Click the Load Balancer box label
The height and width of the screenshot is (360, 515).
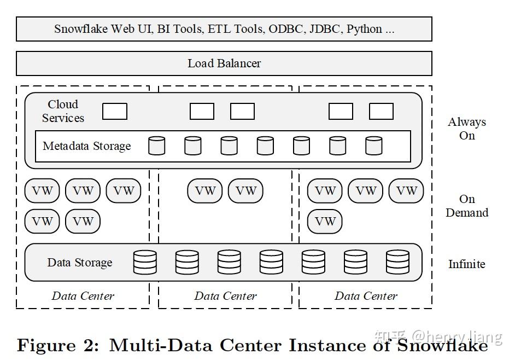pyautogui.click(x=224, y=63)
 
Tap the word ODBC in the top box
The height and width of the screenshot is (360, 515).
pyautogui.click(x=285, y=29)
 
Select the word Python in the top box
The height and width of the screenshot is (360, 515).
pyautogui.click(x=365, y=29)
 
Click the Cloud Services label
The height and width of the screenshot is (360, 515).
pyautogui.click(x=63, y=111)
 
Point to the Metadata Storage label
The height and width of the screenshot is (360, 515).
pyautogui.click(x=87, y=146)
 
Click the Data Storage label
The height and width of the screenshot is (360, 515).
pyautogui.click(x=80, y=263)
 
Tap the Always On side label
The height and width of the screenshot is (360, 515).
pyautogui.click(x=467, y=129)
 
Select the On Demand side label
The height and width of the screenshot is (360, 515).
pyautogui.click(x=467, y=206)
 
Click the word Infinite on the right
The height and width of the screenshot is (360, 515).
pyautogui.click(x=466, y=264)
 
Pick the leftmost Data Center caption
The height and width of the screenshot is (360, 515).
pyautogui.click(x=83, y=296)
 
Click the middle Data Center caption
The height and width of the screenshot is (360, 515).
pyautogui.click(x=225, y=296)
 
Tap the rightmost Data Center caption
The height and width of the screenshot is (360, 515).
pyautogui.click(x=366, y=296)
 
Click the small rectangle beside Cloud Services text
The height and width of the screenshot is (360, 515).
pyautogui.click(x=115, y=112)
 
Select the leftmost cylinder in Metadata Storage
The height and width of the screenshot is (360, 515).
pyautogui.click(x=157, y=146)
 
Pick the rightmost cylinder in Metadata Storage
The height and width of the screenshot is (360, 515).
pyautogui.click(x=374, y=146)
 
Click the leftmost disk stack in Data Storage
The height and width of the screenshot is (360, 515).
pyautogui.click(x=145, y=262)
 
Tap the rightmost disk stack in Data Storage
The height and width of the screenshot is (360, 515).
pyautogui.click(x=397, y=262)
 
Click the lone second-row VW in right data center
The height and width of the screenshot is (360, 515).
pyautogui.click(x=325, y=222)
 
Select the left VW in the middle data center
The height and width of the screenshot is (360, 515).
pyautogui.click(x=205, y=191)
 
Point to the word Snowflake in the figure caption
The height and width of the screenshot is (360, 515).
pyautogui.click(x=442, y=346)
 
